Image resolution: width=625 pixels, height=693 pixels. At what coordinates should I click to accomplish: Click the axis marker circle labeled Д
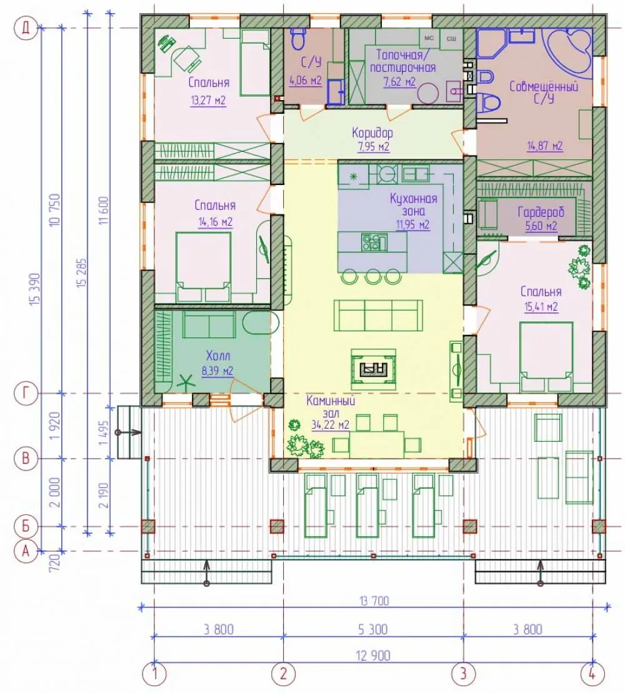click(26, 29)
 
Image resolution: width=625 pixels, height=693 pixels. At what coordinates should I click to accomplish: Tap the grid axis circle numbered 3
click(463, 673)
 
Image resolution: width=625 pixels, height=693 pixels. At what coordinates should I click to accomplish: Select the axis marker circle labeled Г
click(26, 393)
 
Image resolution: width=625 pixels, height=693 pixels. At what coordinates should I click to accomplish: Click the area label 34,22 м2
click(330, 425)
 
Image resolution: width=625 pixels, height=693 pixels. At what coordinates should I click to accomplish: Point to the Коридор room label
click(372, 132)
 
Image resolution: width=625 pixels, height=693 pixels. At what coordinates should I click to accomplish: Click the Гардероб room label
click(541, 212)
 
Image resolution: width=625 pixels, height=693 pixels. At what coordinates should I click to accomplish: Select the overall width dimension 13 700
click(374, 601)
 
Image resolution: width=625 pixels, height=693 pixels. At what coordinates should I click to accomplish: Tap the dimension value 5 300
click(373, 629)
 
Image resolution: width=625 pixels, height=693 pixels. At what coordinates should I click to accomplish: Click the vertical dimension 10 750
click(55, 211)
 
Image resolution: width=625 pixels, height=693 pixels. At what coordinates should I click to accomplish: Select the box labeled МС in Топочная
click(429, 39)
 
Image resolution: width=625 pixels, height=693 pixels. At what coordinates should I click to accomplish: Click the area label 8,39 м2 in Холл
click(217, 371)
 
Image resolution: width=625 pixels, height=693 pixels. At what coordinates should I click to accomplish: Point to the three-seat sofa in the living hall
click(378, 315)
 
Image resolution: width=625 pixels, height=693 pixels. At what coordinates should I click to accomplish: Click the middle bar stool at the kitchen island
click(373, 276)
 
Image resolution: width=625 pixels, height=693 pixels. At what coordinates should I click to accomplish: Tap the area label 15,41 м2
click(541, 307)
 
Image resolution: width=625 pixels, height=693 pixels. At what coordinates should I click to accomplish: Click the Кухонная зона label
click(413, 204)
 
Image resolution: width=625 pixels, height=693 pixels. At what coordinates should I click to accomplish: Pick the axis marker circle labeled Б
click(26, 526)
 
